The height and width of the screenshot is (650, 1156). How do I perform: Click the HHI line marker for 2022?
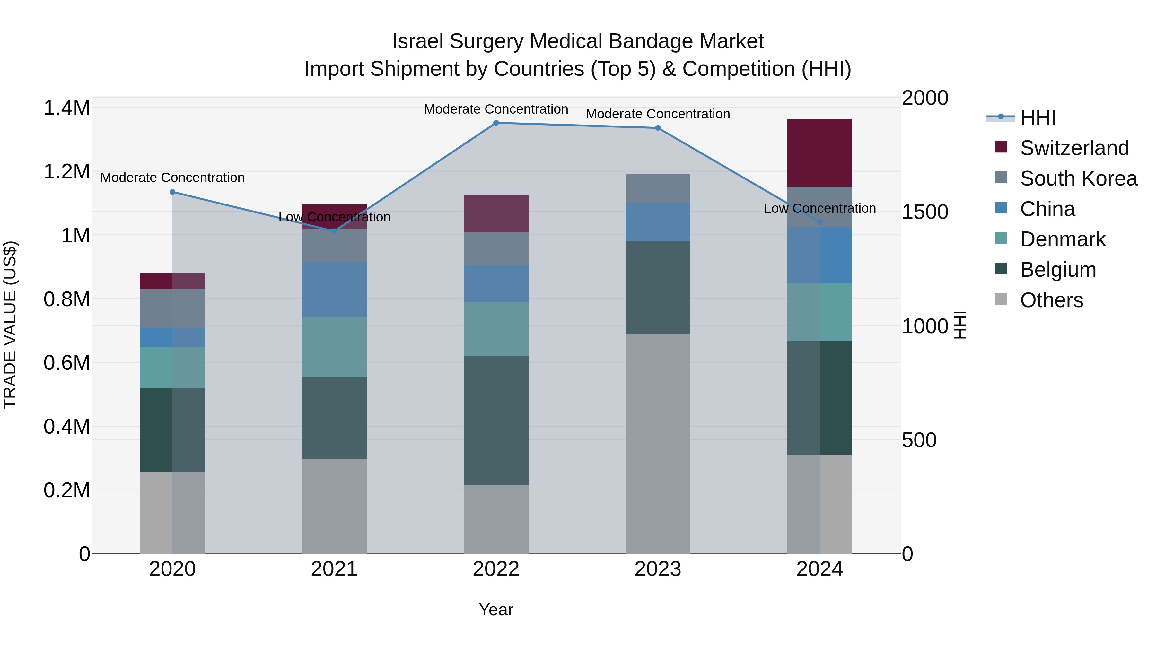click(496, 123)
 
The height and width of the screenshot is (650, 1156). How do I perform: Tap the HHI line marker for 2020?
click(172, 192)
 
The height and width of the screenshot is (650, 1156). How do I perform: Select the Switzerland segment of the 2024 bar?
click(819, 153)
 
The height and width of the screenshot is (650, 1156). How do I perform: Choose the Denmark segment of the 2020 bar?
click(172, 368)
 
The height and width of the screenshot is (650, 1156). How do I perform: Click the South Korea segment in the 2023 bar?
click(657, 188)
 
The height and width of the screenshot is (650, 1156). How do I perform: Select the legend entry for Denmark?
click(1062, 239)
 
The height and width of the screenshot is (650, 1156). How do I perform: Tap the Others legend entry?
click(1051, 300)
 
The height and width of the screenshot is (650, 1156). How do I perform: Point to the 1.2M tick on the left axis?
click(66, 172)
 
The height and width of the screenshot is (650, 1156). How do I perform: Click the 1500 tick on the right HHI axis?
click(925, 212)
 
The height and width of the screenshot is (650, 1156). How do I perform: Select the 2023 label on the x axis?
click(657, 569)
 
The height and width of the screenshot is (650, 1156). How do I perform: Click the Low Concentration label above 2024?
click(819, 209)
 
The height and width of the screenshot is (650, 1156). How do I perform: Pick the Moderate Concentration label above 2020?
click(172, 178)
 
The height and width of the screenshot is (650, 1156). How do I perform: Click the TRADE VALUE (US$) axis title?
click(10, 325)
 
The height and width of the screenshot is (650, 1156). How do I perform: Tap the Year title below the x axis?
click(496, 610)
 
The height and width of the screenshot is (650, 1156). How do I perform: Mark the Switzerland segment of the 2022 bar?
click(496, 213)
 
